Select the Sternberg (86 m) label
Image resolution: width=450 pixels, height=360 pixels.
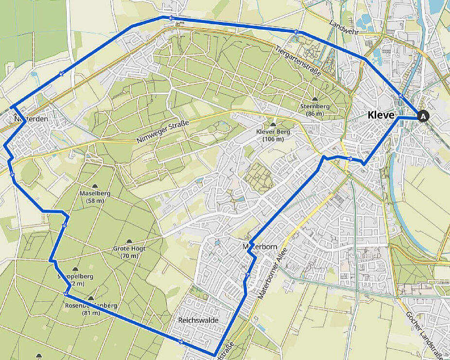pyautogui.click(x=315, y=110)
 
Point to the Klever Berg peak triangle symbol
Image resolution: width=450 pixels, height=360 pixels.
pyautogui.click(x=273, y=125)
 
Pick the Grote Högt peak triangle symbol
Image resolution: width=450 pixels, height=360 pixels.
pyautogui.click(x=129, y=241)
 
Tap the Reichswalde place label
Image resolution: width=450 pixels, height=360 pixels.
pyautogui.click(x=198, y=321)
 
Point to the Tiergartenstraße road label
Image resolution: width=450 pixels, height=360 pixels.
pyautogui.click(x=298, y=61)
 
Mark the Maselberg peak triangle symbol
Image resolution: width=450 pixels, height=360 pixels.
pyautogui.click(x=94, y=186)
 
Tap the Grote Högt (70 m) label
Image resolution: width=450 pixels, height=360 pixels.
pyautogui.click(x=129, y=252)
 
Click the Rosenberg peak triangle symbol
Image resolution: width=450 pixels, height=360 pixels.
pyautogui.click(x=91, y=298)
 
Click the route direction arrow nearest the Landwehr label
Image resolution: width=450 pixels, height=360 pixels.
pyautogui.click(x=296, y=32)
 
